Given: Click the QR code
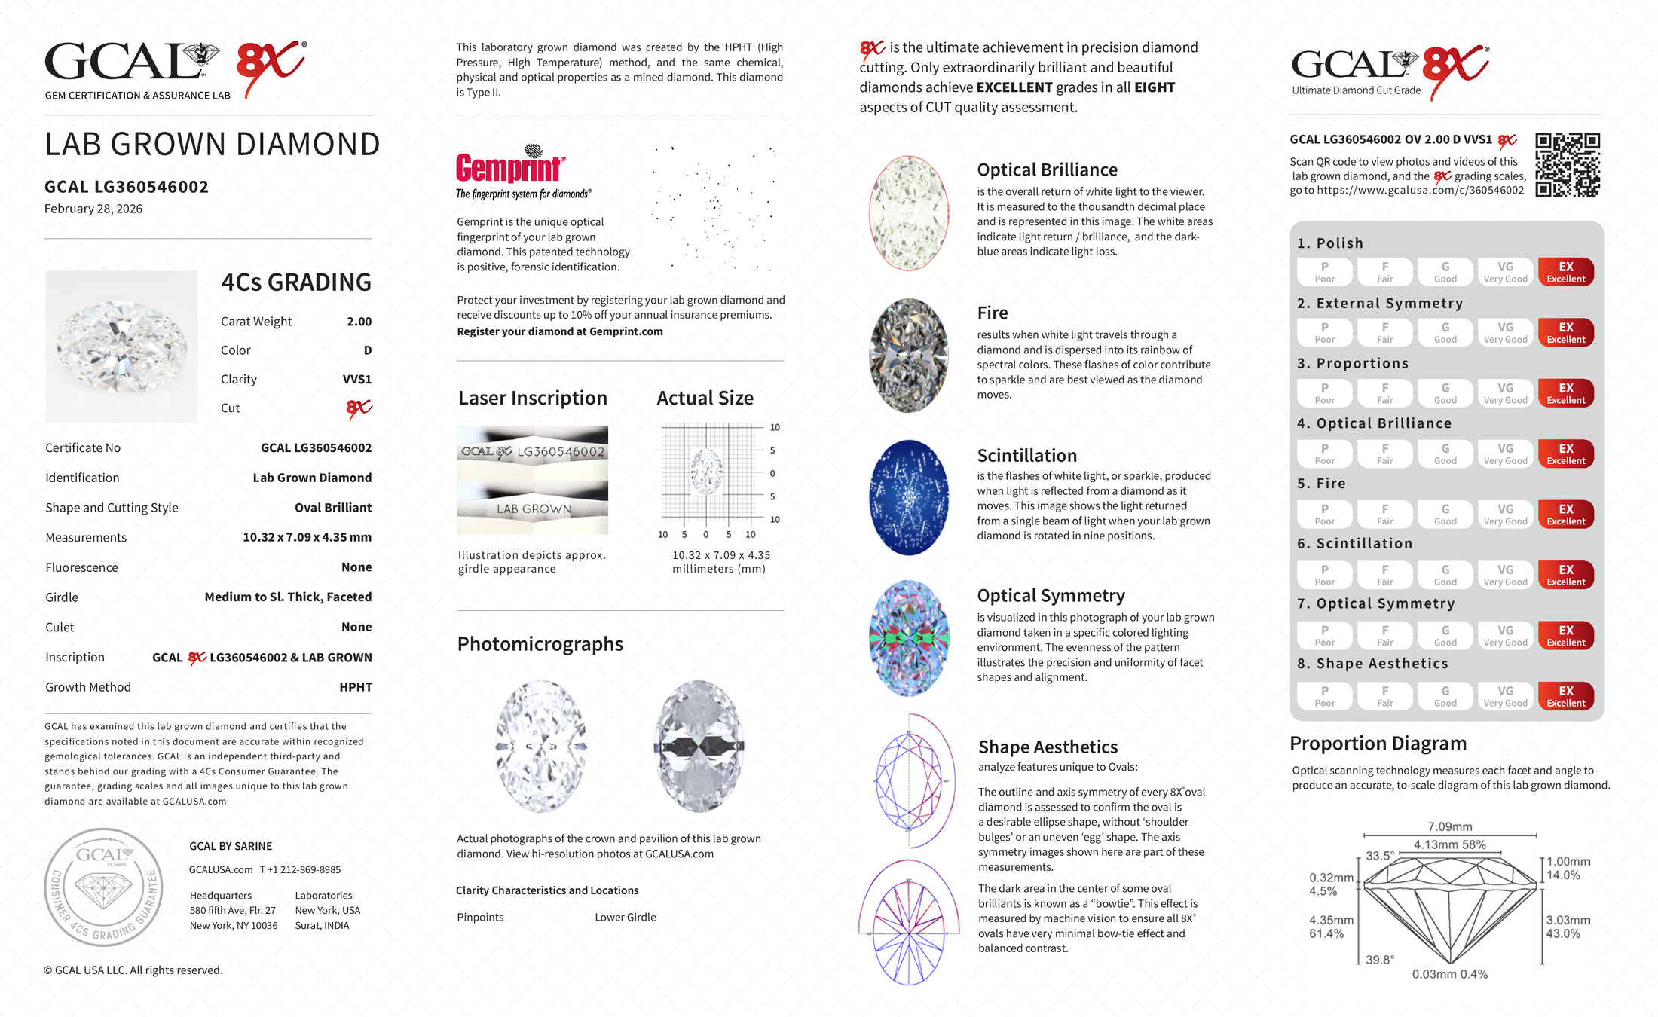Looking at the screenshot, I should pos(1568,165).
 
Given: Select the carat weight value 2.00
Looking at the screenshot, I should pos(359,322).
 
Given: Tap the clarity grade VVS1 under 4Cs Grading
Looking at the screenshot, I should pos(356,380).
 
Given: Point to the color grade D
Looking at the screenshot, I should pos(368,350).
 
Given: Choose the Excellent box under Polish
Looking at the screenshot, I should pos(1565,272).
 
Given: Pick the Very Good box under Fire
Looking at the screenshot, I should pos(1505,515).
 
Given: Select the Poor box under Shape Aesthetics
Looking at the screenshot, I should pos(1324,696).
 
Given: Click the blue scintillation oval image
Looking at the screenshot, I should pos(909,498).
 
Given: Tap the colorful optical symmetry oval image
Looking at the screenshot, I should pos(909,638).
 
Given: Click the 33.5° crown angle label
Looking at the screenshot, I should pos(1379,856).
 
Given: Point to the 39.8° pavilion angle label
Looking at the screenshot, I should pos(1379,960).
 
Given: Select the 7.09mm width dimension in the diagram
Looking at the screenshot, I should pos(1449,826).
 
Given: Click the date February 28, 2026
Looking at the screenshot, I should pos(93,209).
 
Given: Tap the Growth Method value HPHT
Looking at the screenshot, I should pos(356,687).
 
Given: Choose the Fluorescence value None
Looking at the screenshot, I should pos(356,567).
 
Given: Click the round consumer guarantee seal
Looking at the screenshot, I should pos(103,887).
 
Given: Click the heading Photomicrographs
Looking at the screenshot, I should pos(540,644).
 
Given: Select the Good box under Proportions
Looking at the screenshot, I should pos(1445,393).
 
